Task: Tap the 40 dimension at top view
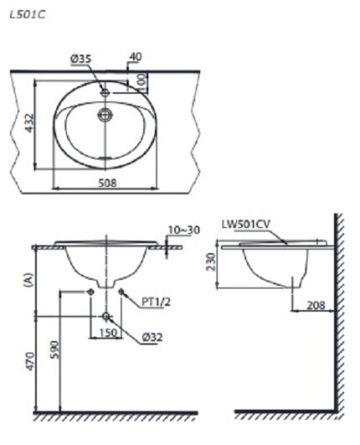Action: [135, 57]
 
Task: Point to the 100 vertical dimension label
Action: [143, 82]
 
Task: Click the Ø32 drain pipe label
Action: [151, 339]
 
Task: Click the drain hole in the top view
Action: [105, 116]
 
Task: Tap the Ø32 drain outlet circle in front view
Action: [105, 316]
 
